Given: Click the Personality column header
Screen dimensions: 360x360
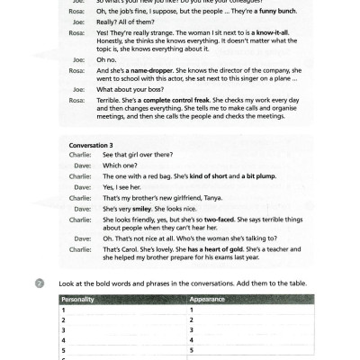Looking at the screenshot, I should (81, 299).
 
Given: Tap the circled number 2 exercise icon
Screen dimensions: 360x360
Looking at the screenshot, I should (40, 284).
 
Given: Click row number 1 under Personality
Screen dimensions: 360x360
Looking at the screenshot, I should (63, 310).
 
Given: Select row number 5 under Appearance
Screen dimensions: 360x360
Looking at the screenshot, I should (193, 349).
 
